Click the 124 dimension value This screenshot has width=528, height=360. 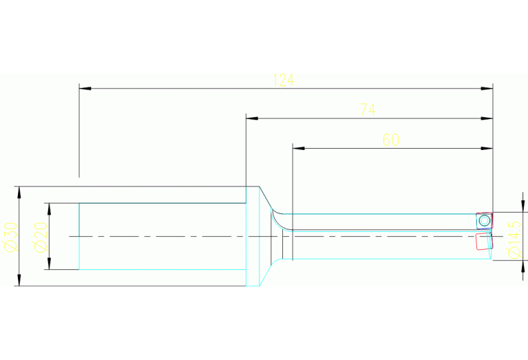(x=283, y=80)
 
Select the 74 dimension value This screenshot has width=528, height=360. (x=368, y=109)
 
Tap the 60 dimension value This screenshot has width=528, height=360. (x=391, y=140)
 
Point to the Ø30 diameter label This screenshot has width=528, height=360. (x=11, y=237)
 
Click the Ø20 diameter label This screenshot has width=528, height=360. (x=41, y=237)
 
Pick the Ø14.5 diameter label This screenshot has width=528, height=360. (x=514, y=240)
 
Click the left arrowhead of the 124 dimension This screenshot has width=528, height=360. (x=85, y=89)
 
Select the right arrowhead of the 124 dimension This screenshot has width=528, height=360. (x=487, y=89)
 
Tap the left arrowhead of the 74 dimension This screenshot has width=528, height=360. (x=252, y=118)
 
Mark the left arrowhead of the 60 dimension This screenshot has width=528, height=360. (x=299, y=148)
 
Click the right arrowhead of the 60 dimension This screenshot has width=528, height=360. (x=487, y=148)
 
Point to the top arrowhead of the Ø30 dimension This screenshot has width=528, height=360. (x=19, y=192)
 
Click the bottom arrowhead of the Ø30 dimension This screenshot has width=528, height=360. (x=19, y=280)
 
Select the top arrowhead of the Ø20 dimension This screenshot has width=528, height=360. (x=49, y=209)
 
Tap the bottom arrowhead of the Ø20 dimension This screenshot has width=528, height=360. (x=49, y=264)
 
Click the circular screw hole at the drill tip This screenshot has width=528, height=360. (x=485, y=221)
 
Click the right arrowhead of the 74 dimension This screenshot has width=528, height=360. (x=487, y=118)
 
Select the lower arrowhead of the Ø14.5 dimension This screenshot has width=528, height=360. (x=522, y=266)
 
